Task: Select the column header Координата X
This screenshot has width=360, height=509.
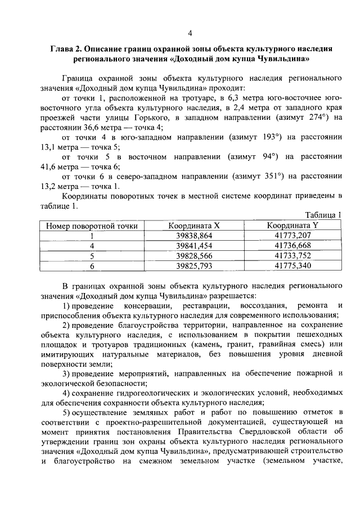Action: click(x=194, y=226)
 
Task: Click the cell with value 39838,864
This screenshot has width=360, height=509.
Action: click(x=194, y=236)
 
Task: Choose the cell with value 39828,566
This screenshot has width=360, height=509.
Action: click(x=194, y=256)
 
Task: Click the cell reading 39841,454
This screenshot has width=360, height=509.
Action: click(x=194, y=246)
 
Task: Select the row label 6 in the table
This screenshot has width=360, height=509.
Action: click(x=92, y=265)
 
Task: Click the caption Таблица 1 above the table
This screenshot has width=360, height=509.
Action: click(x=323, y=215)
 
